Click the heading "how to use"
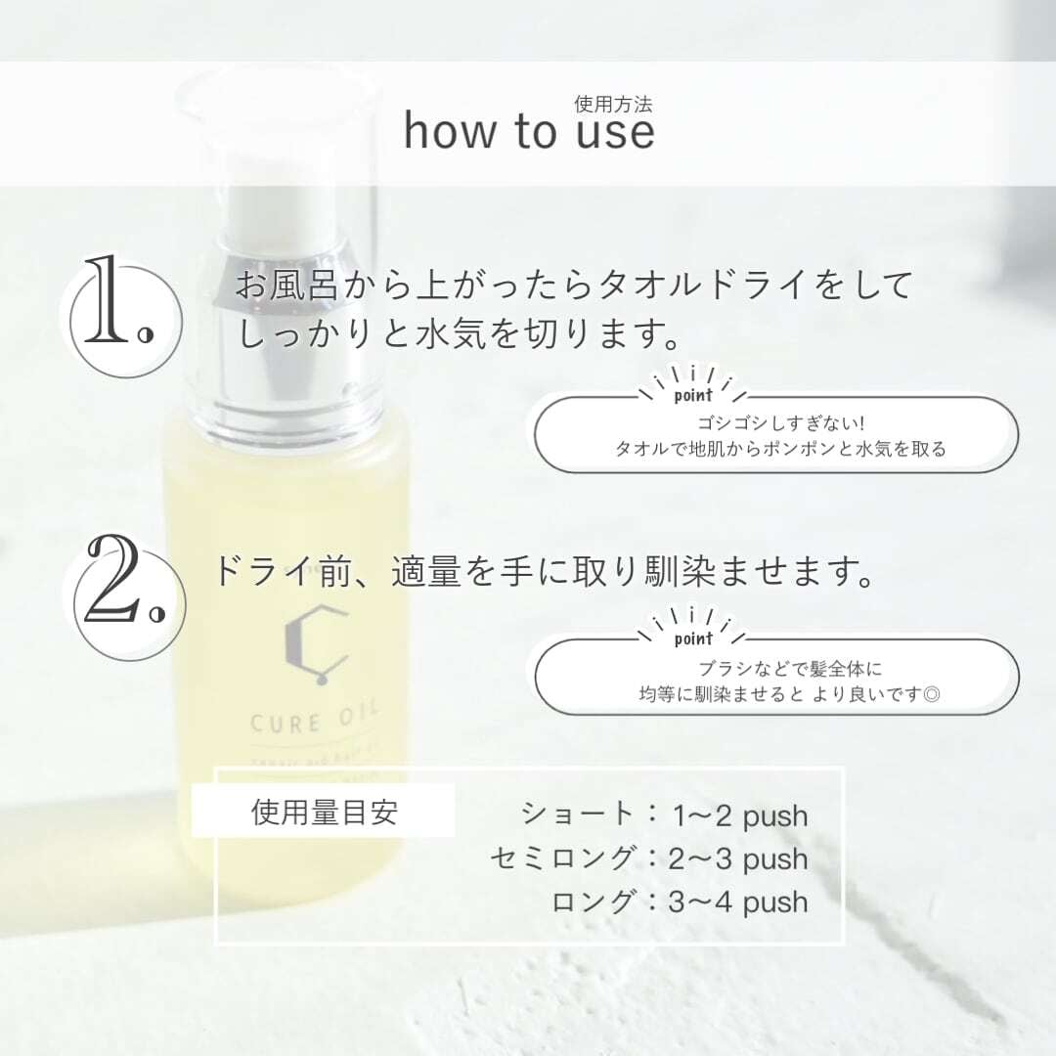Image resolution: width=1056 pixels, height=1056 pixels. pos(529,132)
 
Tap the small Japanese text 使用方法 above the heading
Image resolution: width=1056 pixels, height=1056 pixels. pos(613,102)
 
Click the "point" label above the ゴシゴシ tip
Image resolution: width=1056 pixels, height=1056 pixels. pos(693,397)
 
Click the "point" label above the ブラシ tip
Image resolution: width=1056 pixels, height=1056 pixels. pos(693,641)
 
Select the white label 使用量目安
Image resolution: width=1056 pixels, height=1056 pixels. pos(324,814)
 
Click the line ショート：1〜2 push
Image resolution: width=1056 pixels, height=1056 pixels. pos(665,815)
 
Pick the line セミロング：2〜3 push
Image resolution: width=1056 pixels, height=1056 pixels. pos(649,858)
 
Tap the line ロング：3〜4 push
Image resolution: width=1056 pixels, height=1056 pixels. pos(680,901)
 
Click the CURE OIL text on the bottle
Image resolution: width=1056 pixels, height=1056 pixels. pos(284,725)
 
